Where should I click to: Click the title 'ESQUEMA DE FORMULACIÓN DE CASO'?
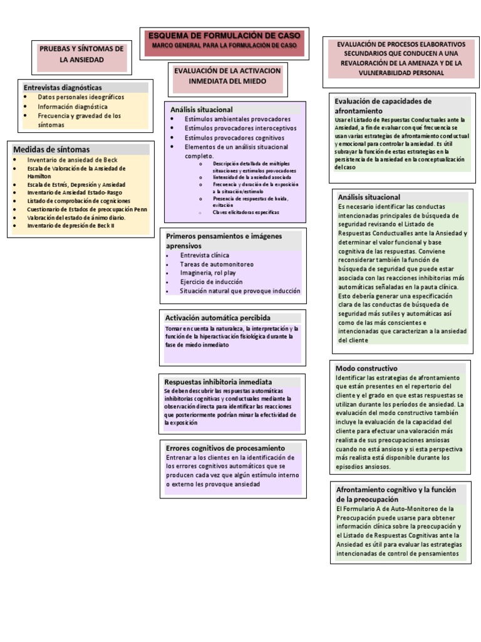(x=225, y=36)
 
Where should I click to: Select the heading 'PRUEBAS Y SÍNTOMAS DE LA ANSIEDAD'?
(x=81, y=54)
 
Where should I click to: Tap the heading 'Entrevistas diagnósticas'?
(x=63, y=87)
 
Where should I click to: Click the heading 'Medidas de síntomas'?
(x=51, y=149)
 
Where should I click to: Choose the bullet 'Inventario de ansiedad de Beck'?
(x=72, y=160)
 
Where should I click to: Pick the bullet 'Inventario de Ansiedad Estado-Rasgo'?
(x=75, y=192)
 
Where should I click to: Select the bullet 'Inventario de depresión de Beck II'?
(x=71, y=225)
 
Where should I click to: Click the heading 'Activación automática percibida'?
(x=218, y=318)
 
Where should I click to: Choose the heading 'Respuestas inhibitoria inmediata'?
(x=218, y=381)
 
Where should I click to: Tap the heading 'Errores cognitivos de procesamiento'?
(x=225, y=448)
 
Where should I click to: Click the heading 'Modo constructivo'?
(x=366, y=368)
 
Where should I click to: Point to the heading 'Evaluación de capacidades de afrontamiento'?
(x=383, y=105)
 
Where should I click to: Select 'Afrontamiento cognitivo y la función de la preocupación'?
(x=396, y=494)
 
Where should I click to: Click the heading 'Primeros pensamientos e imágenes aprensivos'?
(x=224, y=241)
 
